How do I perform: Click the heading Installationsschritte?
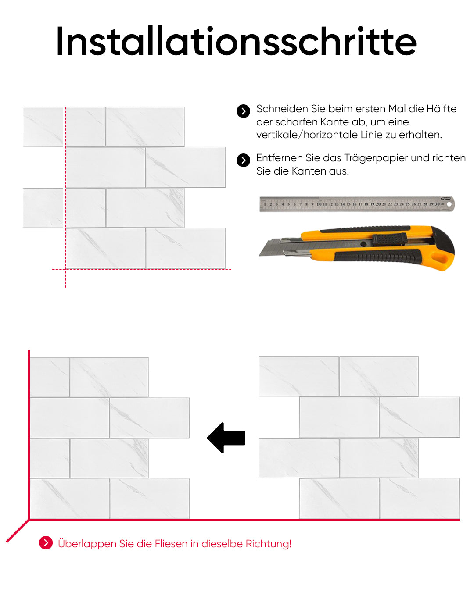point(236,41)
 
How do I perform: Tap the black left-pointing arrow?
point(226,438)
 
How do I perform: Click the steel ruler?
point(357,204)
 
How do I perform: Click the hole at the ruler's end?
point(449,204)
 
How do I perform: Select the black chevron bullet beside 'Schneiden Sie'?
point(243,111)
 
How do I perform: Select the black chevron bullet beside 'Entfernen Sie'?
point(243,160)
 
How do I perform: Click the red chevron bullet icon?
point(46,543)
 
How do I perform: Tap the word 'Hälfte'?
point(441,109)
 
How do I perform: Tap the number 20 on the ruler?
point(378,204)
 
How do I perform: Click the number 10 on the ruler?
point(319,204)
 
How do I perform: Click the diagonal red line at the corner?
point(18,531)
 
